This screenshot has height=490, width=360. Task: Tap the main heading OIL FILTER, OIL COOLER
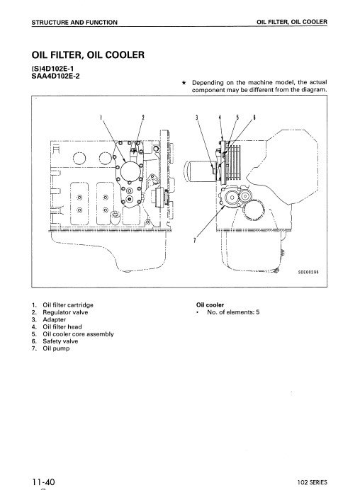88,55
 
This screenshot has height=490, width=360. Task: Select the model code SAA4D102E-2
56,76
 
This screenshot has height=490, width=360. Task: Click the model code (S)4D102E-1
53,69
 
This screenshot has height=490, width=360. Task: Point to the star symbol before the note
184,83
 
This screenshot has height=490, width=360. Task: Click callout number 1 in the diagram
101,118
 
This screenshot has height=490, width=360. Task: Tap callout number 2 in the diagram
143,118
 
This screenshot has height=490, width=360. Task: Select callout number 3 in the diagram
197,118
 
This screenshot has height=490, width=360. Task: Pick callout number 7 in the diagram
195,240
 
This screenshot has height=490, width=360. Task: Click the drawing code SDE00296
308,272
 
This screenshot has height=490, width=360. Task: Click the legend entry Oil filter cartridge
68,305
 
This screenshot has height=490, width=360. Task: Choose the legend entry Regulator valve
65,312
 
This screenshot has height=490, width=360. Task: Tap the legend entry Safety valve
60,341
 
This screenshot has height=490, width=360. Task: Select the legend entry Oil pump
56,348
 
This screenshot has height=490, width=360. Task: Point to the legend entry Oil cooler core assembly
78,334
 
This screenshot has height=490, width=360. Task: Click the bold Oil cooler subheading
210,305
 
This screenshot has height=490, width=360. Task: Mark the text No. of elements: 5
233,312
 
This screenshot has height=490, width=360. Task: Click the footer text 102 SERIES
312,482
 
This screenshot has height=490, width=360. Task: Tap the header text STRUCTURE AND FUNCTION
74,23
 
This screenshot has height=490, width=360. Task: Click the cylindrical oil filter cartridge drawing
200,171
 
